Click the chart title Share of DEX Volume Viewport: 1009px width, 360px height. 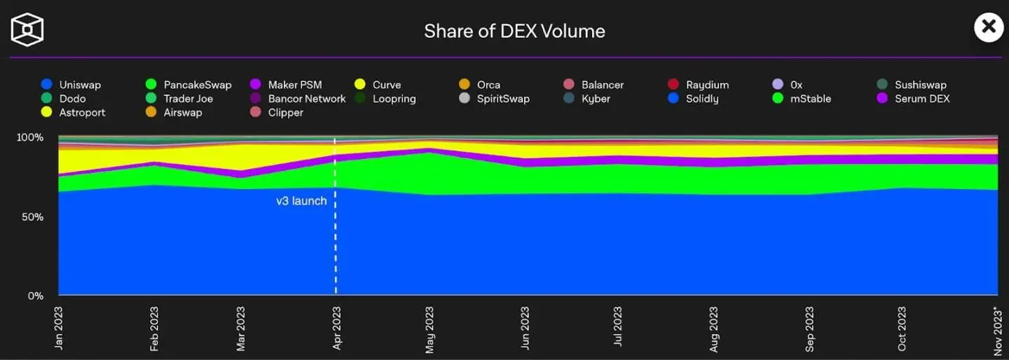coord(514,31)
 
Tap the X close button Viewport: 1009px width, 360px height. coord(989,27)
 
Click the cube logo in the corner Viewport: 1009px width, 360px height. coord(27,29)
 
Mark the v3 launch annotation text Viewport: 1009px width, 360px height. coord(301,201)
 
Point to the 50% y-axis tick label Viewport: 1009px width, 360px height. coord(32,217)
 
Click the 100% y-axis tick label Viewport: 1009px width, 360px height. coord(30,137)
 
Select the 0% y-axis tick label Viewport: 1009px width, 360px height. coord(35,296)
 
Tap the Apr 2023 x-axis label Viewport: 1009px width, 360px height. coord(337,328)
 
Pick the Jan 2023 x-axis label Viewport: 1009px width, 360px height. coord(59,328)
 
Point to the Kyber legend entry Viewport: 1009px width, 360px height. coord(596,99)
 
